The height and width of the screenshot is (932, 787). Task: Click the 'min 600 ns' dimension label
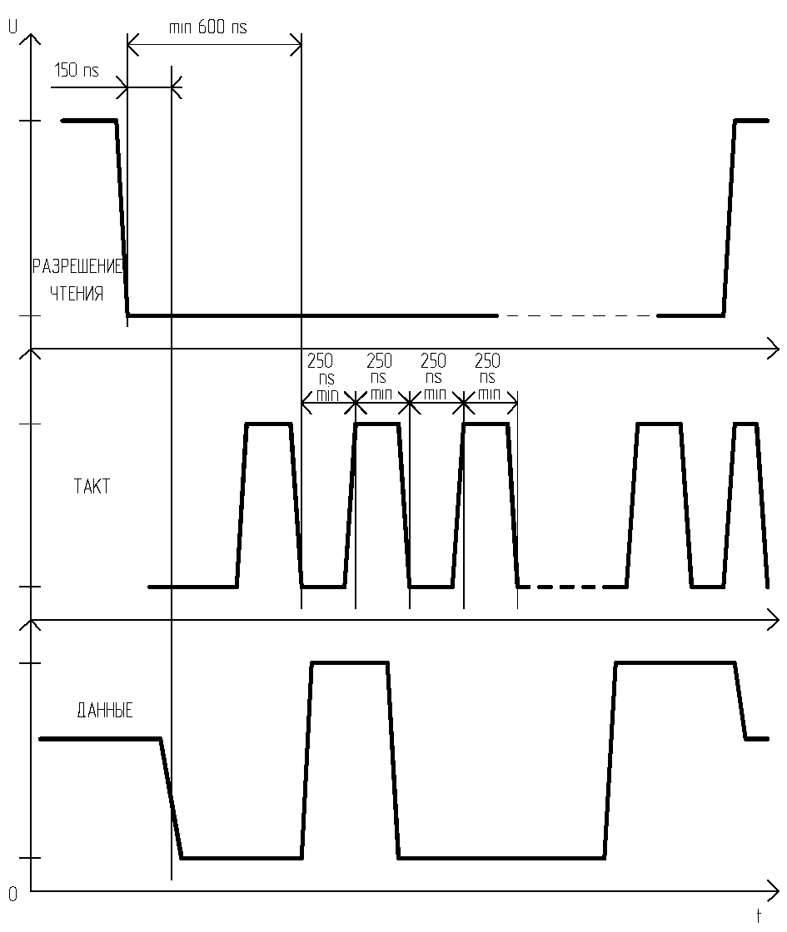pyautogui.click(x=208, y=27)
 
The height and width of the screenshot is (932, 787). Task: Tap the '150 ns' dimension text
pyautogui.click(x=76, y=70)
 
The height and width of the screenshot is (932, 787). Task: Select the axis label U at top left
pyautogui.click(x=12, y=27)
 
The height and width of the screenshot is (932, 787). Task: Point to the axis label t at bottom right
pyautogui.click(x=759, y=915)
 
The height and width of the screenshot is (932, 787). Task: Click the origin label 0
pyautogui.click(x=12, y=895)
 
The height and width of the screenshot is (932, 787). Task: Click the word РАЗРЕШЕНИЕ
pyautogui.click(x=77, y=266)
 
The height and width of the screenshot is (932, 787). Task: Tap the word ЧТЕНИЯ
pyautogui.click(x=77, y=293)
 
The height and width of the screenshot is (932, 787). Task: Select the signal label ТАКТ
pyautogui.click(x=92, y=486)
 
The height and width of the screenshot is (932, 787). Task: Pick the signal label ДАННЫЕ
pyautogui.click(x=105, y=711)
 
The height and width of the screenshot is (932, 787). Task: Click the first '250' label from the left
pyautogui.click(x=320, y=361)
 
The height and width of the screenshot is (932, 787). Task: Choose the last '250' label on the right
pyautogui.click(x=487, y=361)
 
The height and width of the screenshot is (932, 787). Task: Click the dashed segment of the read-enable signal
pyautogui.click(x=577, y=315)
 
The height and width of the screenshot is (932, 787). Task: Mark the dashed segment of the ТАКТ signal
pyautogui.click(x=560, y=587)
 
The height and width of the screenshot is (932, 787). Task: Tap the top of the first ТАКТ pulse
pyautogui.click(x=269, y=424)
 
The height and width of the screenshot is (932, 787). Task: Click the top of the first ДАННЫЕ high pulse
pyautogui.click(x=350, y=662)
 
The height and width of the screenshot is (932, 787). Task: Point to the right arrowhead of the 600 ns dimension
pyautogui.click(x=296, y=45)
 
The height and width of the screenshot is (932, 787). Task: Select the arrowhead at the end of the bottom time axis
pyautogui.click(x=774, y=890)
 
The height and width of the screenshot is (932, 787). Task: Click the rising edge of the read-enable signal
pyautogui.click(x=730, y=218)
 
